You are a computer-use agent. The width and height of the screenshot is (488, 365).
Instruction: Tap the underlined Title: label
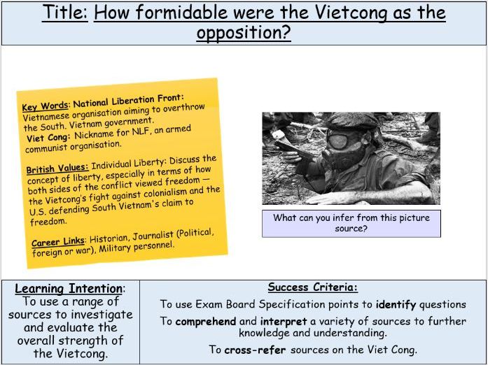pos(64,13)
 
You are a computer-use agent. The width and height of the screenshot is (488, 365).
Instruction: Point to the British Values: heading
pos(56,169)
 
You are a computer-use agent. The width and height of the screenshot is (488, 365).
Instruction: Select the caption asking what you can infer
pos(351,223)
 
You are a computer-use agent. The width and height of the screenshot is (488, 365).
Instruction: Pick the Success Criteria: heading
pos(312,287)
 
